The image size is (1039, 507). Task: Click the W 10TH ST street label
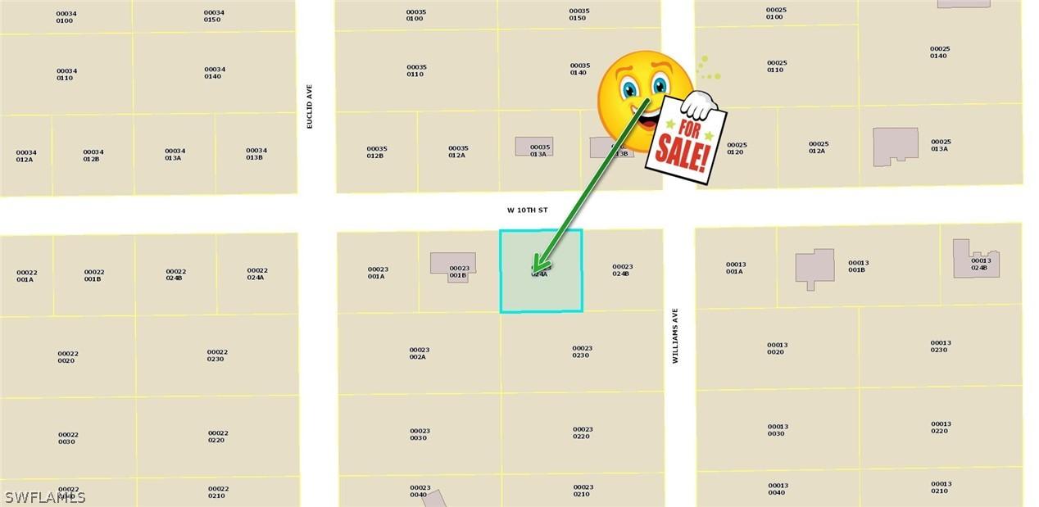527,210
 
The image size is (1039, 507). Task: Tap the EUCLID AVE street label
310,106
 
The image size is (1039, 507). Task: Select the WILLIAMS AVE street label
676,336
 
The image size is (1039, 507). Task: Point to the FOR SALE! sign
686,138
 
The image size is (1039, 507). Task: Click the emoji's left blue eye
629,87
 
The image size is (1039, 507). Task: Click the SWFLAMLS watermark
45,497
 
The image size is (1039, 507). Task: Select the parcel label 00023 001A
377,273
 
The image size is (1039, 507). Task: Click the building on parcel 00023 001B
451,262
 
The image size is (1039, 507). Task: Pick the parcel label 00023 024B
622,269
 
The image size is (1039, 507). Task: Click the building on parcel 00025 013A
895,146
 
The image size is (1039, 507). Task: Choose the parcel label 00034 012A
25,156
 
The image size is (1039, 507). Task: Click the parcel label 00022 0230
217,355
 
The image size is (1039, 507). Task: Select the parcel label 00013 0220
941,428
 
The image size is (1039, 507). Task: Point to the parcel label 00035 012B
377,152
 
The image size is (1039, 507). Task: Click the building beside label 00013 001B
814,269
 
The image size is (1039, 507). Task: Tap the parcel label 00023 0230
583,351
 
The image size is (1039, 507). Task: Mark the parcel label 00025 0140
939,52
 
